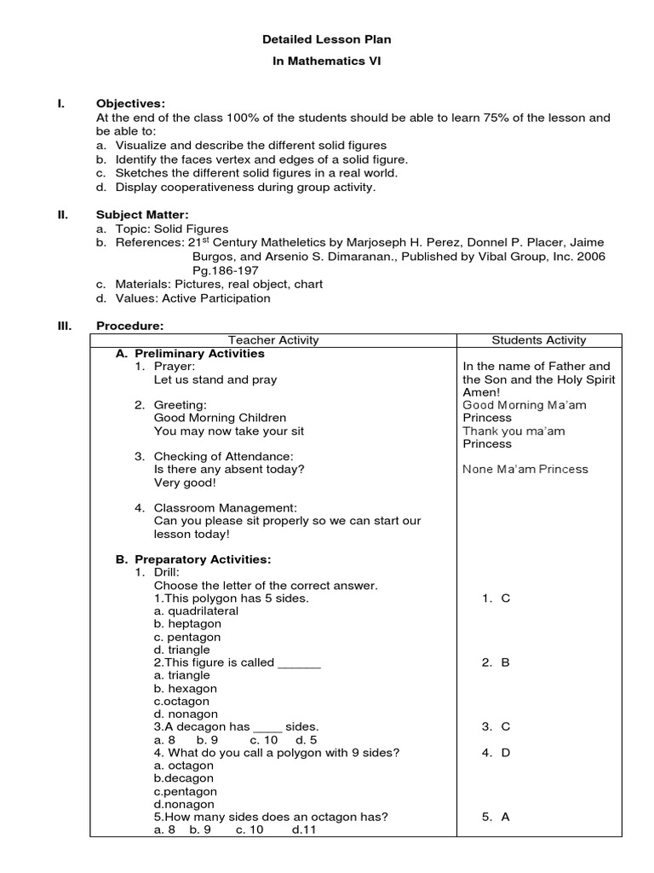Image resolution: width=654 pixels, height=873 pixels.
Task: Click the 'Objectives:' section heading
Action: click(x=130, y=103)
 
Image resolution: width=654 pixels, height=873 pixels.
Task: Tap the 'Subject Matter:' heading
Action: click(x=142, y=215)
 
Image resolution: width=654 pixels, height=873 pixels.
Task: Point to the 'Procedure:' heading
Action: click(x=129, y=326)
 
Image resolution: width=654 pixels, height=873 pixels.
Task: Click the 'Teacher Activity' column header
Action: click(x=273, y=340)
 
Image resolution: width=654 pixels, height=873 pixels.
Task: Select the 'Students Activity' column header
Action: click(x=540, y=340)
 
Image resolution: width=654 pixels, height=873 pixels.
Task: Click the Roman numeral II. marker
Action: click(x=62, y=215)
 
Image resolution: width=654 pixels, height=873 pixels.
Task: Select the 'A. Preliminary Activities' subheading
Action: click(x=190, y=353)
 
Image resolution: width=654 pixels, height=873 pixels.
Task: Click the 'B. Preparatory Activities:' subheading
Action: click(x=193, y=559)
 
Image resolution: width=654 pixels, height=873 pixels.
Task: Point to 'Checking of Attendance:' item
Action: click(x=223, y=456)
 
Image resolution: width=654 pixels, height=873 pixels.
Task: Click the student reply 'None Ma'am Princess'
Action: click(x=525, y=469)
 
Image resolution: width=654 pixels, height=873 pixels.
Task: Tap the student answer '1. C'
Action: click(x=496, y=598)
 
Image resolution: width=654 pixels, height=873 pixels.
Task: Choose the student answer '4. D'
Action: click(x=496, y=753)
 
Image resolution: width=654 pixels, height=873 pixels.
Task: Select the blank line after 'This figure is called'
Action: click(x=299, y=663)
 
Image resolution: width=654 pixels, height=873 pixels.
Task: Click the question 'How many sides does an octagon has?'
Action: click(x=271, y=816)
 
